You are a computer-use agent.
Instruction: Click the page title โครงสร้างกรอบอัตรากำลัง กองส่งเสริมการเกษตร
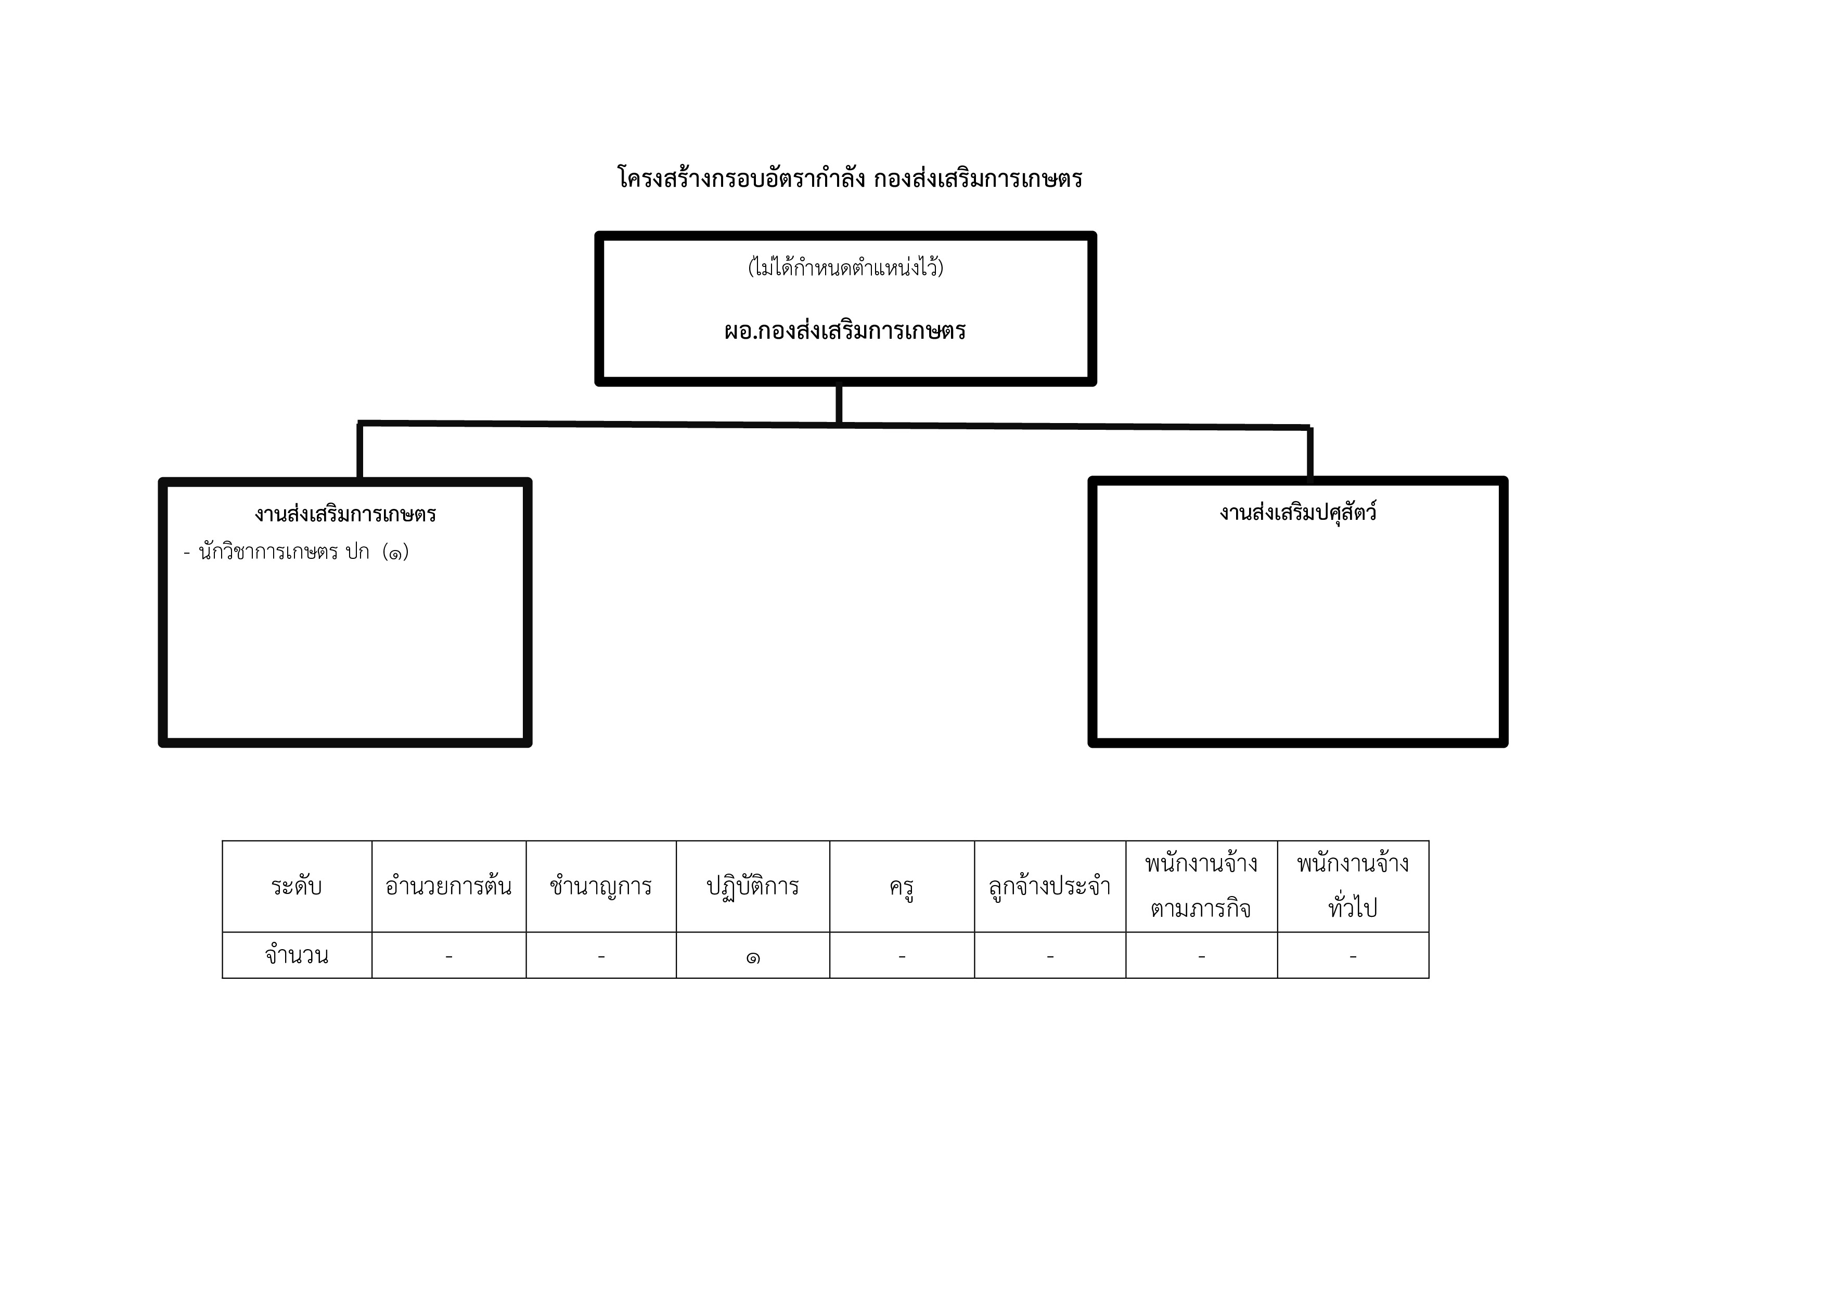click(x=850, y=177)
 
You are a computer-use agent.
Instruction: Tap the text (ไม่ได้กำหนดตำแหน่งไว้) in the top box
click(x=846, y=266)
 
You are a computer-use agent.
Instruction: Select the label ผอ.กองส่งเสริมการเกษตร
click(x=845, y=330)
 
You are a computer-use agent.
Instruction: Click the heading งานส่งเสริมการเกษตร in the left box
click(x=345, y=514)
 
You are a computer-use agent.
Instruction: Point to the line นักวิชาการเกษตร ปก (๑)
click(x=295, y=552)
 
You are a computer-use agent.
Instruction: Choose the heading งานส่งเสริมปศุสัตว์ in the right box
click(x=1298, y=511)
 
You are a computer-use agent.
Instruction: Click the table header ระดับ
click(x=297, y=886)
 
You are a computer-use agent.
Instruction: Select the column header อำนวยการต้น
click(x=448, y=886)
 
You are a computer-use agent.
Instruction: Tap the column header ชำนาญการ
click(x=600, y=886)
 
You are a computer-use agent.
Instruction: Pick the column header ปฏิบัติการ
click(x=753, y=886)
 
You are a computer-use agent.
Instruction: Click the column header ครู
click(x=902, y=887)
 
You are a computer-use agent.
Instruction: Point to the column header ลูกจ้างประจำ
click(x=1049, y=886)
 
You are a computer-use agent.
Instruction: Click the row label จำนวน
click(x=297, y=955)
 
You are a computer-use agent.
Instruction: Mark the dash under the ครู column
click(x=902, y=957)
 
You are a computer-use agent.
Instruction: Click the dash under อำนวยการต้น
click(x=449, y=957)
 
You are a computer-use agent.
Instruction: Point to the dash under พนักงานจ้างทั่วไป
click(x=1353, y=957)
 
